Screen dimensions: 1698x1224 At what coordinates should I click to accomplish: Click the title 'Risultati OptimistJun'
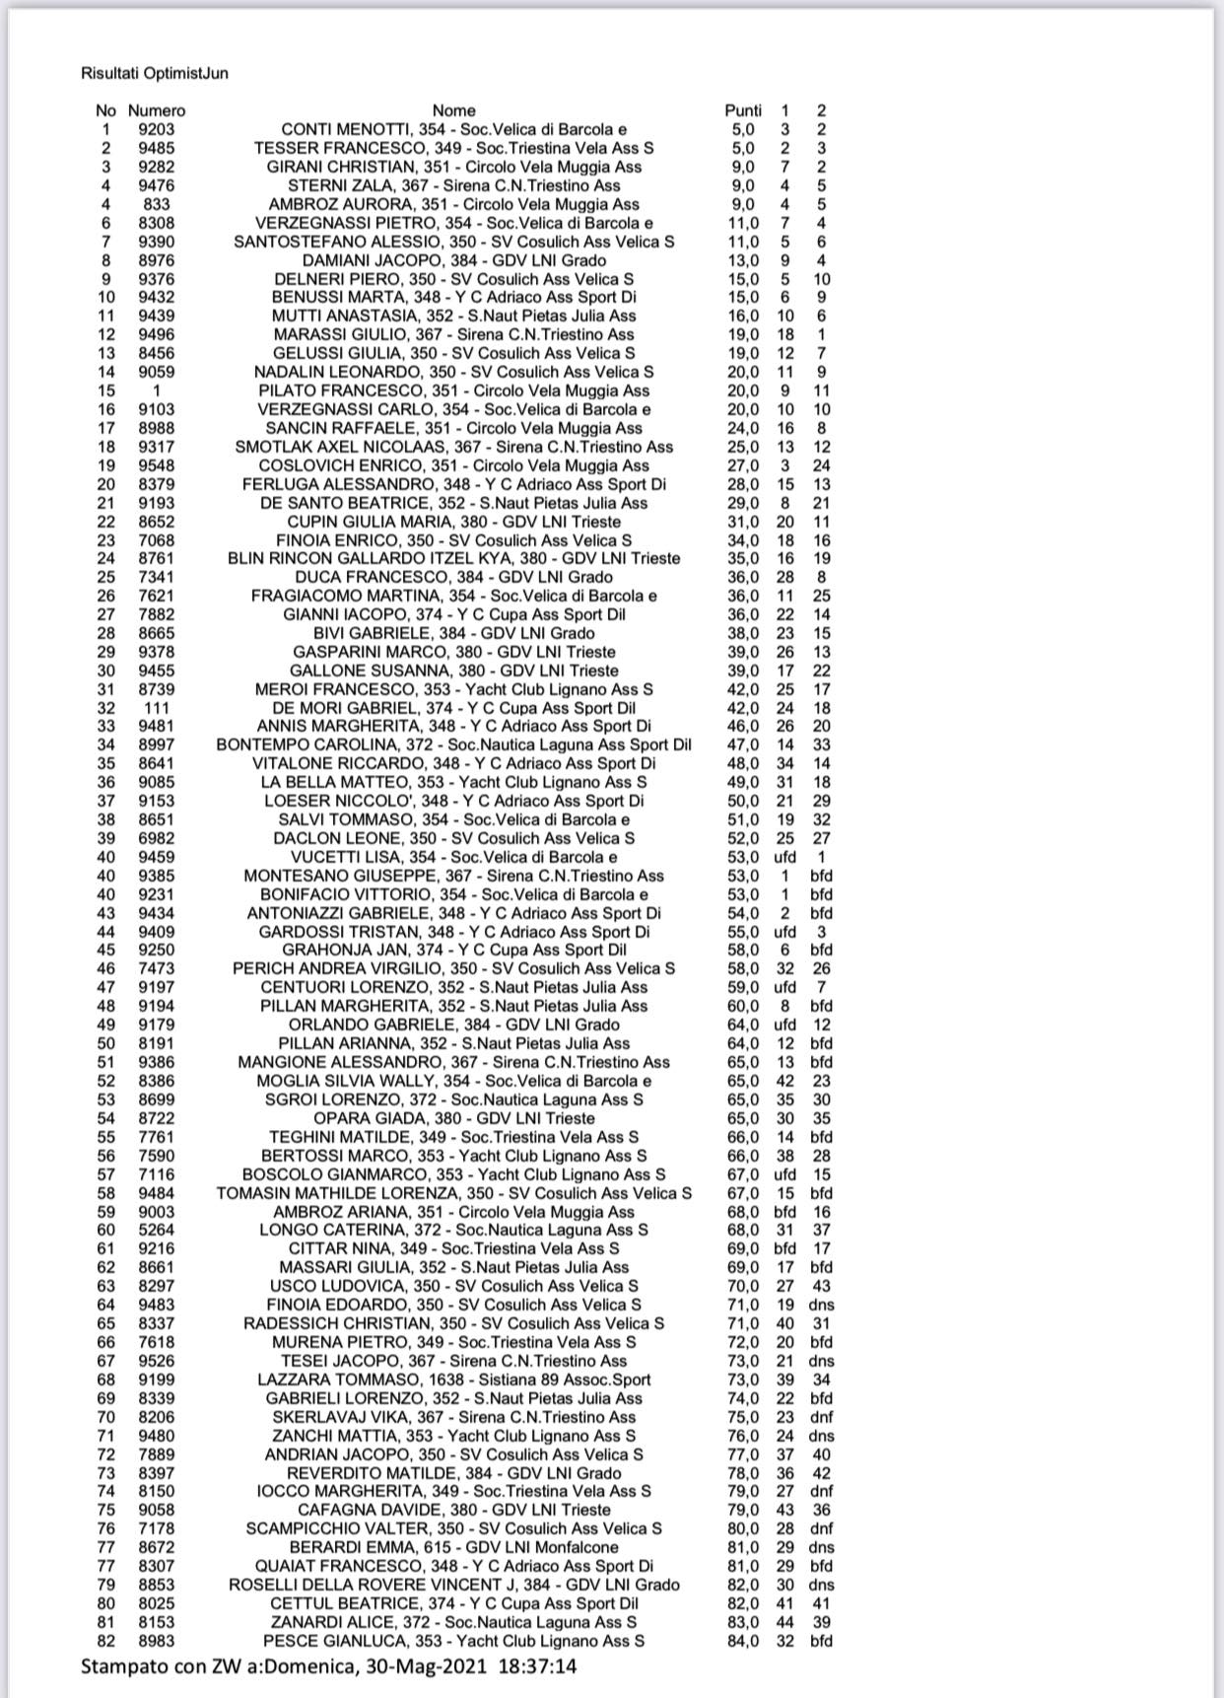pyautogui.click(x=155, y=73)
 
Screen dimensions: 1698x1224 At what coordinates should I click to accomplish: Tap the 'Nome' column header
pyautogui.click(x=453, y=110)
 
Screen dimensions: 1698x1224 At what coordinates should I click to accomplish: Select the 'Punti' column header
pyautogui.click(x=743, y=110)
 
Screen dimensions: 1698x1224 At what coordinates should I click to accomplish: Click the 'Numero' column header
pyautogui.click(x=157, y=110)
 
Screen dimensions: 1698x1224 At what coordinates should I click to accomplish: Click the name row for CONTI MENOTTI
pyautogui.click(x=453, y=129)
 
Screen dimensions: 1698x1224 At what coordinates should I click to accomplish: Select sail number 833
pyautogui.click(x=157, y=204)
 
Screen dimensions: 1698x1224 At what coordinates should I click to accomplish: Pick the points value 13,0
pyautogui.click(x=743, y=260)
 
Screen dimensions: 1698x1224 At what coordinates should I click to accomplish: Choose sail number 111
pyautogui.click(x=157, y=708)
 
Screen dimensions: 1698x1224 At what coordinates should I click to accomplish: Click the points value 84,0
pyautogui.click(x=743, y=1641)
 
